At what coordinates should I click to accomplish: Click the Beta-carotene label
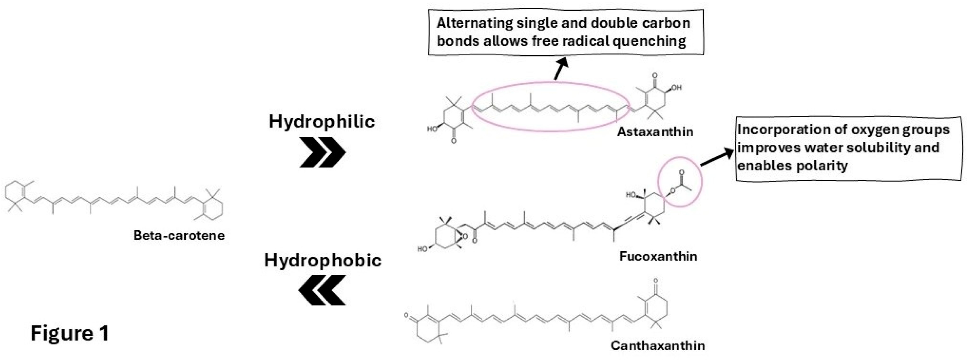click(179, 235)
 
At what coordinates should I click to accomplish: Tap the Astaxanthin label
click(655, 132)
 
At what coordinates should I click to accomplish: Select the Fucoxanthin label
click(658, 256)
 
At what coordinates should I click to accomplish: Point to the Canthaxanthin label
click(657, 346)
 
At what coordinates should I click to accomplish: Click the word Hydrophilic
click(322, 121)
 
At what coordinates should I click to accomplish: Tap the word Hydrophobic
click(323, 260)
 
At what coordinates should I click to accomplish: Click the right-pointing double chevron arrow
click(322, 152)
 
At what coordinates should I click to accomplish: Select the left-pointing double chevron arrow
click(322, 290)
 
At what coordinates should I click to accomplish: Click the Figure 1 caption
click(69, 333)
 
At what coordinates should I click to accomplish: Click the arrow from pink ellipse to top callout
click(560, 70)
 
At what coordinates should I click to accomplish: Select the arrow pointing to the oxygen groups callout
click(717, 157)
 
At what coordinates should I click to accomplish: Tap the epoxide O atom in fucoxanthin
click(465, 237)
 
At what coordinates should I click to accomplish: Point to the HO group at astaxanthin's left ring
click(432, 129)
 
